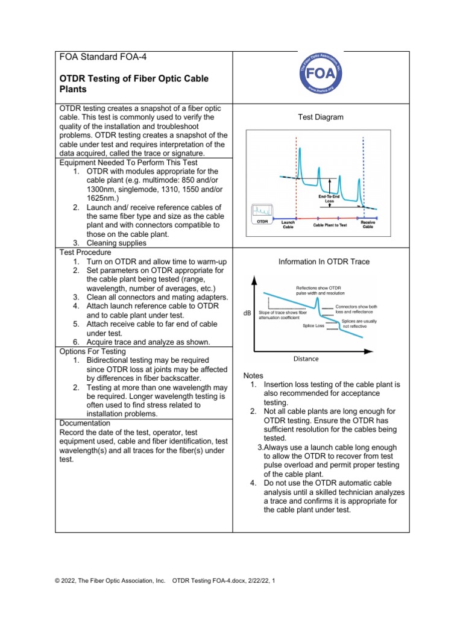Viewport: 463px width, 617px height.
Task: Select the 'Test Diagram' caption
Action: [x=321, y=117]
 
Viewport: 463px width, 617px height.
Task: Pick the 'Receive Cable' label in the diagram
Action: [x=367, y=225]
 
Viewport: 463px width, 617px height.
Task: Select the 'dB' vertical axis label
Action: [x=247, y=313]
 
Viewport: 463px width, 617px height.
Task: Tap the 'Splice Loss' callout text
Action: [x=313, y=325]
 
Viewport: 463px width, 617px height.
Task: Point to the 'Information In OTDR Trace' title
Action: [x=324, y=262]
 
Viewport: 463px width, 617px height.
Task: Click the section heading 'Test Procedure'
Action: [x=84, y=252]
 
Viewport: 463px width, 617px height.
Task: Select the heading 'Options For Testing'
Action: [x=92, y=351]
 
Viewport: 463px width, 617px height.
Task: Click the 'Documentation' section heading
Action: [x=85, y=423]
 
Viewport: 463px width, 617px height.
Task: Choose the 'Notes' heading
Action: [x=253, y=375]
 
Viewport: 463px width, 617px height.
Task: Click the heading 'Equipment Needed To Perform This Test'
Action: [x=128, y=163]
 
